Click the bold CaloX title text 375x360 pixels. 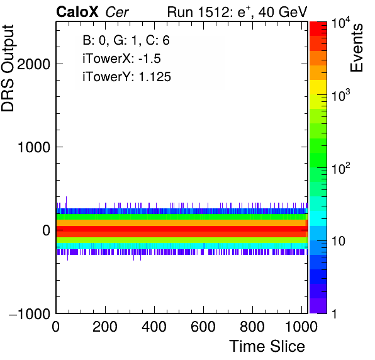click(x=77, y=12)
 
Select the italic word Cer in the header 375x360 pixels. click(x=117, y=12)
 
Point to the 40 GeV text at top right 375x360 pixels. click(x=283, y=12)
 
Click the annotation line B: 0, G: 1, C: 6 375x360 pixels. click(x=126, y=40)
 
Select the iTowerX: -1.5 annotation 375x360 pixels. click(x=121, y=59)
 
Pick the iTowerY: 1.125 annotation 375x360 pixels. click(x=126, y=77)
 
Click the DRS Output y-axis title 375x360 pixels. click(x=8, y=68)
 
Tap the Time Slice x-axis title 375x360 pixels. click(x=267, y=346)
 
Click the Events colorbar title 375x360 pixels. click(x=357, y=48)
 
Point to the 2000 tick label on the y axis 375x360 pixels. click(x=33, y=64)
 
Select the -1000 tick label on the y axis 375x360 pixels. click(x=30, y=313)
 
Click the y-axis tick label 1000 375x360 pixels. click(x=34, y=147)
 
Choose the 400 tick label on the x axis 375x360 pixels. click(x=154, y=327)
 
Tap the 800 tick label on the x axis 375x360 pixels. click(x=252, y=327)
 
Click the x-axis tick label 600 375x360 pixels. click(x=203, y=327)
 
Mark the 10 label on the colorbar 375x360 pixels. click(x=338, y=241)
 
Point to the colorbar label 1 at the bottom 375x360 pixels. click(x=335, y=314)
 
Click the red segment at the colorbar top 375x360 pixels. click(x=318, y=29)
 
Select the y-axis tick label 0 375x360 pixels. click(x=47, y=230)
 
